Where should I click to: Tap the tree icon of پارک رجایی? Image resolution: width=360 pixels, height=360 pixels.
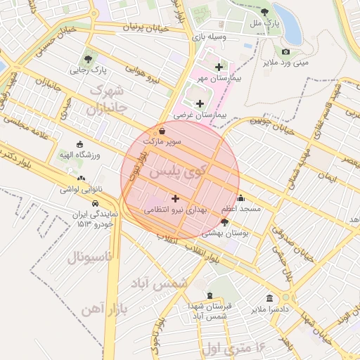coord(88,59)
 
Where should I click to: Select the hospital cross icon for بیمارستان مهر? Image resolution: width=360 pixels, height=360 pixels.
coord(219,67)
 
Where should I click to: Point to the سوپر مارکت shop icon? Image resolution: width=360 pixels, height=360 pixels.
coord(162,131)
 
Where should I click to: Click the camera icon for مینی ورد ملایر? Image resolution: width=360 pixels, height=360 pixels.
coord(285,51)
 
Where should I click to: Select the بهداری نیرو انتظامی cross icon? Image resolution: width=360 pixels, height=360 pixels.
coord(175,199)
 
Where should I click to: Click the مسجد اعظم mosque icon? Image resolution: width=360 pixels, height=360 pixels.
coord(241,198)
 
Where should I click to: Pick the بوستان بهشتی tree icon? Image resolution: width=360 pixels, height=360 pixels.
coord(224,221)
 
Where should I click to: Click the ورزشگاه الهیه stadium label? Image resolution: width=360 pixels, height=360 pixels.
coord(79,154)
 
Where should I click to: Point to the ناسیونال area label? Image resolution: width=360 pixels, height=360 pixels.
coord(89,257)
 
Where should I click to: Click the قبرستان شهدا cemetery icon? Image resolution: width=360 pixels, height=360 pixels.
coord(210,296)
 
